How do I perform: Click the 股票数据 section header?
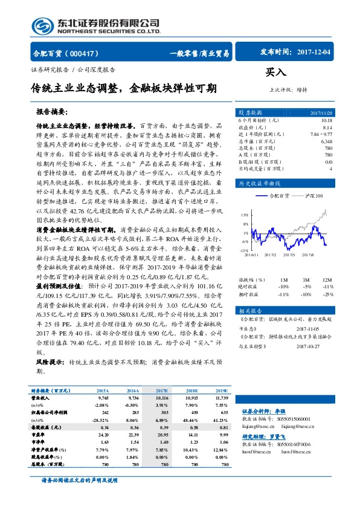[250, 112]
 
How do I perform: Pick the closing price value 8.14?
[327, 128]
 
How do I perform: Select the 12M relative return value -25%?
[327, 293]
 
